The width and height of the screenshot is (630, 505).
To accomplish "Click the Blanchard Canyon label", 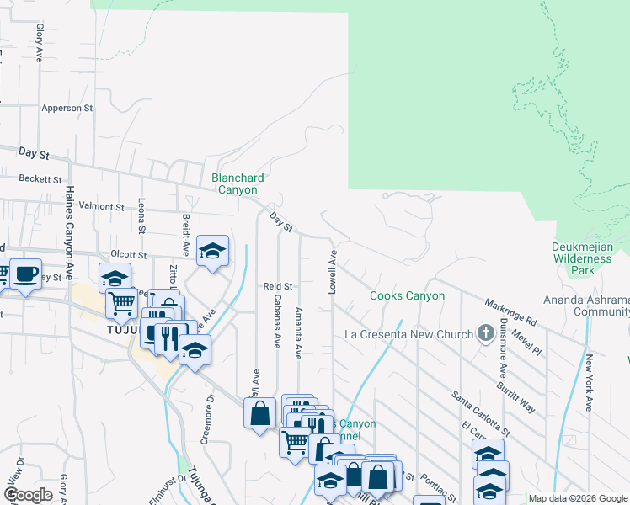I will click(238, 183).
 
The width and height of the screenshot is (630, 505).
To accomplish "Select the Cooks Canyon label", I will click(408, 295).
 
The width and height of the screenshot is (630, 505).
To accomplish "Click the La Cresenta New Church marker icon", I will click(485, 334).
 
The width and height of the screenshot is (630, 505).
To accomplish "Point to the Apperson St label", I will click(67, 109).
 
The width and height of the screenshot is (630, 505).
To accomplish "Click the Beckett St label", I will click(41, 179).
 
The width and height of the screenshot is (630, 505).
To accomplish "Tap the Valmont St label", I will click(101, 206).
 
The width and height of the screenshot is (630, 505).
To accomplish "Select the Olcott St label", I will click(129, 254).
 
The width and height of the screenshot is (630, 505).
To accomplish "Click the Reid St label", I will click(276, 286).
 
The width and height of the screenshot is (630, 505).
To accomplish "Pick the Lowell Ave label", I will click(333, 272).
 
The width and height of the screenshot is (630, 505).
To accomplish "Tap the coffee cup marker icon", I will click(25, 273).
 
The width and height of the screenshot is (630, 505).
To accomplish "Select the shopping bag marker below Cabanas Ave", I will click(259, 412).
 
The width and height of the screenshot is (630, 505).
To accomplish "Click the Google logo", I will click(28, 495).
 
